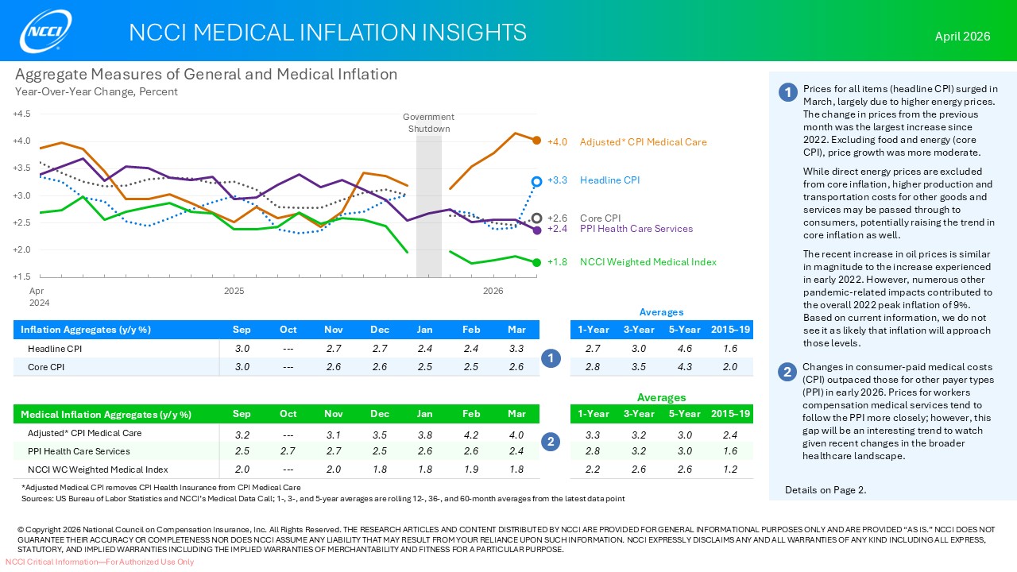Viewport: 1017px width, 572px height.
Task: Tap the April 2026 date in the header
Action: coord(962,37)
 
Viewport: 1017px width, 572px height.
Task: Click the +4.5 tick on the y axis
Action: coord(22,114)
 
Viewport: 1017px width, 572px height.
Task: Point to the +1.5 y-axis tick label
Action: coord(22,277)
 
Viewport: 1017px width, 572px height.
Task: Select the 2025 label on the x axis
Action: coord(234,291)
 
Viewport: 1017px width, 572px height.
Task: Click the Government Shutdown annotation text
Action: coord(429,123)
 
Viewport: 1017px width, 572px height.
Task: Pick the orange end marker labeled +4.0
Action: coord(537,141)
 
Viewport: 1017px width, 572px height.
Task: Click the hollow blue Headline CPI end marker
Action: coord(537,181)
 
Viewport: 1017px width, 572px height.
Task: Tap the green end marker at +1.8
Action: coord(537,262)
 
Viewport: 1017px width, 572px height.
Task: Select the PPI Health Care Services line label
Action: coord(636,229)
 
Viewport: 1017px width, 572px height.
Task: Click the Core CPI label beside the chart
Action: coord(600,218)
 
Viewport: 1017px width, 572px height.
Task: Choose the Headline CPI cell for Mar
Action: coord(516,349)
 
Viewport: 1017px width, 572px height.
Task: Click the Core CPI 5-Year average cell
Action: coord(684,366)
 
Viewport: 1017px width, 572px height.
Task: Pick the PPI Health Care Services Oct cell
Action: coord(288,451)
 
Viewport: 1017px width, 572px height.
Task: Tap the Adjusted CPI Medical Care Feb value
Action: coord(471,435)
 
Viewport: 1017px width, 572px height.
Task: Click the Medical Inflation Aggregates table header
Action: coord(106,414)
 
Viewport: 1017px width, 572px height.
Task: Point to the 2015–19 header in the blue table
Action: coord(730,329)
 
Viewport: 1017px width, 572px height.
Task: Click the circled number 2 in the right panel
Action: coord(787,372)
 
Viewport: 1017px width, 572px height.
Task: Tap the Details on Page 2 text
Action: coord(826,490)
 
